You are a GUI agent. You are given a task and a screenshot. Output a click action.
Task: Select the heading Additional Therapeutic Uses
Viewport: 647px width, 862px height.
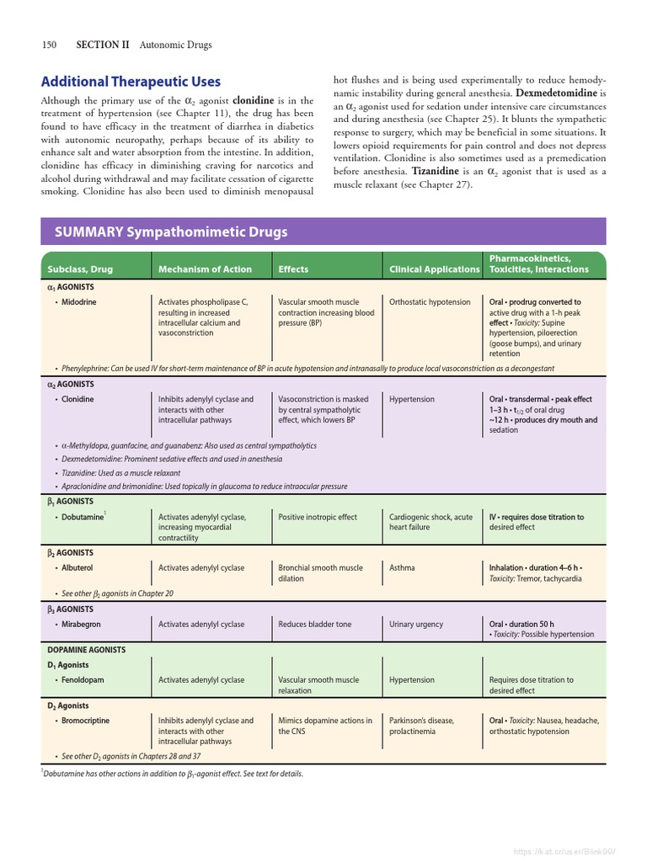131,82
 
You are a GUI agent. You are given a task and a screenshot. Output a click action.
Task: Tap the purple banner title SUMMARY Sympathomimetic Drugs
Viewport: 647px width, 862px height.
171,231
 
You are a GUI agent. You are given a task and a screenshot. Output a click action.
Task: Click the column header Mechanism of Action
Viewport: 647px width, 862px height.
205,269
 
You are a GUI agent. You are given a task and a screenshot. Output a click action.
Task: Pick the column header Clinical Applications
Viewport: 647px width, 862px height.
434,269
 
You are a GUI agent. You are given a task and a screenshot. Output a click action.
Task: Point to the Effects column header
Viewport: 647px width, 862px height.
293,269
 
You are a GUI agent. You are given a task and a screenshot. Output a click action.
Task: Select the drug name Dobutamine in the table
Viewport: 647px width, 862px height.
82,517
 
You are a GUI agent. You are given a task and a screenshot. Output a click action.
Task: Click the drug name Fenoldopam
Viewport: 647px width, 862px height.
83,680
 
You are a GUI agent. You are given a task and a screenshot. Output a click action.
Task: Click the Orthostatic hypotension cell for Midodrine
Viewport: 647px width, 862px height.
430,301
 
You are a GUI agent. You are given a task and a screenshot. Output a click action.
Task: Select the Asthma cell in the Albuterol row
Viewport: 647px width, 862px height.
402,568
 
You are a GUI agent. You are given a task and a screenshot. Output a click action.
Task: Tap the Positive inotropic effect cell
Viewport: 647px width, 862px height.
318,517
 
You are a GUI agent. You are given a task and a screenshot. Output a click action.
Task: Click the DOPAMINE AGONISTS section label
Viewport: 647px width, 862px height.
86,650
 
